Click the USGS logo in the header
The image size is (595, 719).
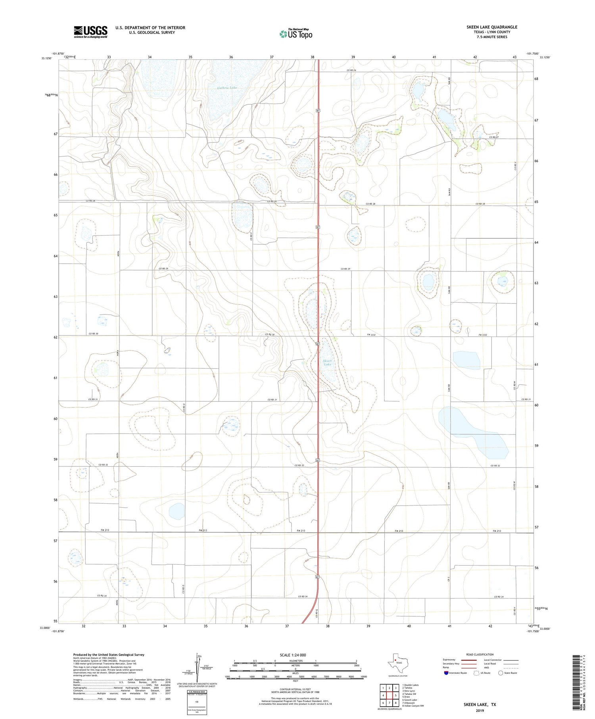point(90,32)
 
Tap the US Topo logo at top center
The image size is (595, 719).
point(296,34)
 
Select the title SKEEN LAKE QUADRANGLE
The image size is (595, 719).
point(491,27)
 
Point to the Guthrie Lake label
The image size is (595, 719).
point(227,88)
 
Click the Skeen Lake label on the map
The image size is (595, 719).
point(327,362)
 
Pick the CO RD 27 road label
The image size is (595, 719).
point(493,137)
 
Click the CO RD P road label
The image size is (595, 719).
point(251,237)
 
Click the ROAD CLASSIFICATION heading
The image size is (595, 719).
point(480,654)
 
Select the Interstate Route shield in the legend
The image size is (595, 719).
point(447,673)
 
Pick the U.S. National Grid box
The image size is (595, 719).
point(197,702)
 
